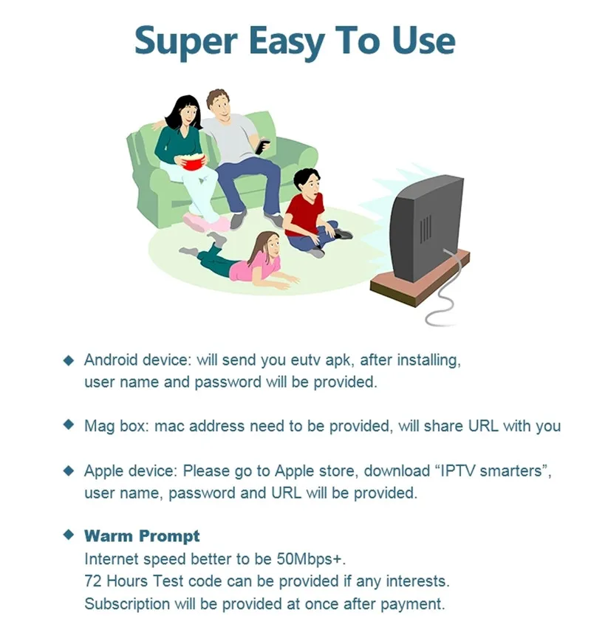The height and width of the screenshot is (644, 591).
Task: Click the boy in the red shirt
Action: coord(307,210)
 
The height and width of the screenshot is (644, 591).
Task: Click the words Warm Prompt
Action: coord(142,535)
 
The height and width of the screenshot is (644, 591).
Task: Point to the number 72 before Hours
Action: coord(93,580)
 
